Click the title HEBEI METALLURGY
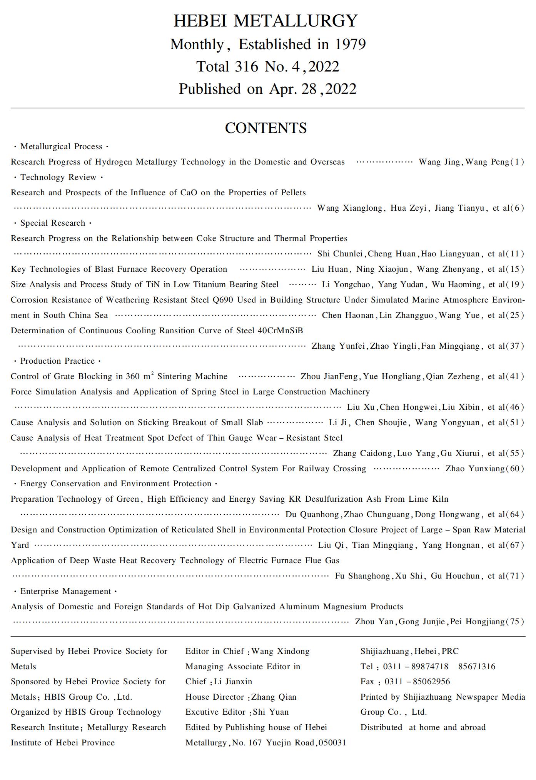tap(265, 21)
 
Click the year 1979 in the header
tap(350, 45)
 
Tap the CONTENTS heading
tap(265, 128)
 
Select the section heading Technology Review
tap(58, 177)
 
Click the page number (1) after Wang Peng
tap(517, 162)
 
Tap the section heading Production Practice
tap(57, 361)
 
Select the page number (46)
tap(514, 407)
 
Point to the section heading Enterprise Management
tap(65, 591)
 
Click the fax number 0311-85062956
tap(417, 682)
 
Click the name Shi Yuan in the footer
tap(271, 712)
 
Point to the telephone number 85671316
tap(476, 667)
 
